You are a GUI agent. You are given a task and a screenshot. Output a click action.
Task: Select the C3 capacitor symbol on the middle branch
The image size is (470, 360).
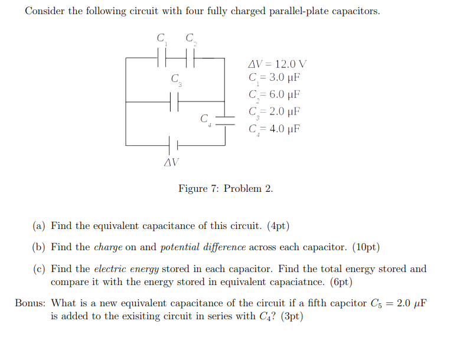[174, 102]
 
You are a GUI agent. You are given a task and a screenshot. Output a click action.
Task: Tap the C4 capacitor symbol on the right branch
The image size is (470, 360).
[225, 121]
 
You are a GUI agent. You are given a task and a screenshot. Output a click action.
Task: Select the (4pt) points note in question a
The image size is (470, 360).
[278, 226]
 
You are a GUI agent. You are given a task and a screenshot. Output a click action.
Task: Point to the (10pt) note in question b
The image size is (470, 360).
[365, 247]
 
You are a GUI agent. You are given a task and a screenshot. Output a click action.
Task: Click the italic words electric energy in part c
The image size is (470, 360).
[126, 269]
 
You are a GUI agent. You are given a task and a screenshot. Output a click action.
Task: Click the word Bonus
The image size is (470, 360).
[30, 303]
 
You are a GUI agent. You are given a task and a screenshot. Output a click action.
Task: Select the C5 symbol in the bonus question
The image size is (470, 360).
[376, 304]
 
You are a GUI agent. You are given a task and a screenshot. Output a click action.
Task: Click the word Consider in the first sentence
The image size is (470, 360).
[45, 12]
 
